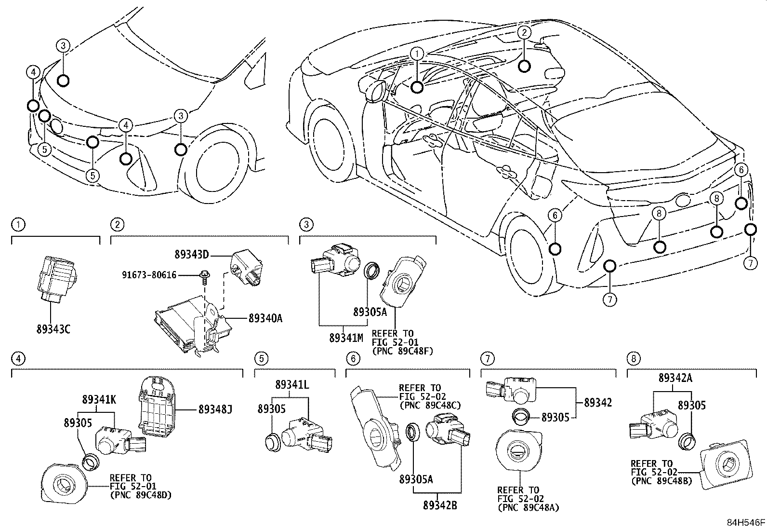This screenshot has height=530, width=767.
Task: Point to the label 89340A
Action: click(265, 318)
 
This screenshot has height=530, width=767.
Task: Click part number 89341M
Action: click(346, 338)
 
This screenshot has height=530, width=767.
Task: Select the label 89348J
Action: click(215, 409)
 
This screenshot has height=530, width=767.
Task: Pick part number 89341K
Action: click(99, 399)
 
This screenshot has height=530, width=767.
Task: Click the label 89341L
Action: click(292, 385)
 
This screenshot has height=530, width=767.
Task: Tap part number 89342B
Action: click(440, 505)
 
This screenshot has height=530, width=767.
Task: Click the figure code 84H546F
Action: click(746, 523)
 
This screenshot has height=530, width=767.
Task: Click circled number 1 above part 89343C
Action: click(18, 224)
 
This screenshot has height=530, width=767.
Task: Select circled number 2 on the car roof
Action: click(524, 32)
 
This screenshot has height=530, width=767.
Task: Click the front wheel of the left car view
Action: click(216, 164)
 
